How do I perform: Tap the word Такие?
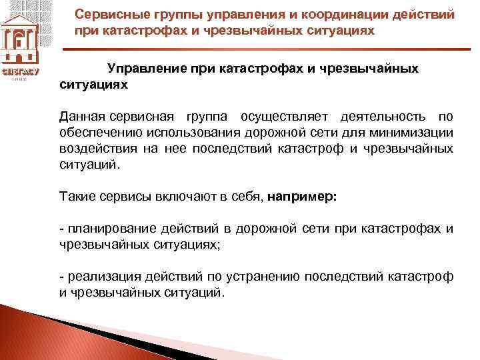click(x=76, y=197)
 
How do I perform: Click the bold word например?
click(x=303, y=197)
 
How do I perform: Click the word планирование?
click(x=99, y=229)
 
